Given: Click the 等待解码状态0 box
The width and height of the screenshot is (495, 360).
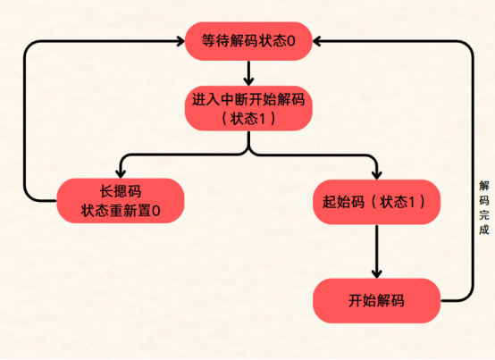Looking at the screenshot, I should (247, 41).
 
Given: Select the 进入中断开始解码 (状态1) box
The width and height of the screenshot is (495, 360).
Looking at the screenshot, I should (247, 107).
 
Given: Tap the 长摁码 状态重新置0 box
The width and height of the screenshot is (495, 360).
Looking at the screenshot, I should (120, 201).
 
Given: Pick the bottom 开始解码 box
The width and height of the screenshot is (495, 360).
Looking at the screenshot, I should (376, 301).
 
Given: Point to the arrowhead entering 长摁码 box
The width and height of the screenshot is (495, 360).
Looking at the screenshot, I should (120, 173).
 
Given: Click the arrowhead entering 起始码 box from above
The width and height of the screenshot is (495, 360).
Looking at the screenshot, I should (376, 173).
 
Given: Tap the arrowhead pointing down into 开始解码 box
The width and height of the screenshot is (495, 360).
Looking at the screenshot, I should (376, 273).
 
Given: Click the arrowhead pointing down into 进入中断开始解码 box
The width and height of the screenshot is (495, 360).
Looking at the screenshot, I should (247, 80).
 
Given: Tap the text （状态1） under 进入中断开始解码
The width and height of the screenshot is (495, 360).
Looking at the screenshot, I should (247, 118).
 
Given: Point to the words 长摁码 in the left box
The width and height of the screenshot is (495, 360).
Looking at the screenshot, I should (120, 191).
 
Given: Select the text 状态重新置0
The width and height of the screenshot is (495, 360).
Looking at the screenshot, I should (120, 211).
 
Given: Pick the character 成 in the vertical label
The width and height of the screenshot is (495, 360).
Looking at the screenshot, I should (483, 230).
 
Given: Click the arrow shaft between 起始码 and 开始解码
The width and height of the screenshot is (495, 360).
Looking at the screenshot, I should (376, 246).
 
